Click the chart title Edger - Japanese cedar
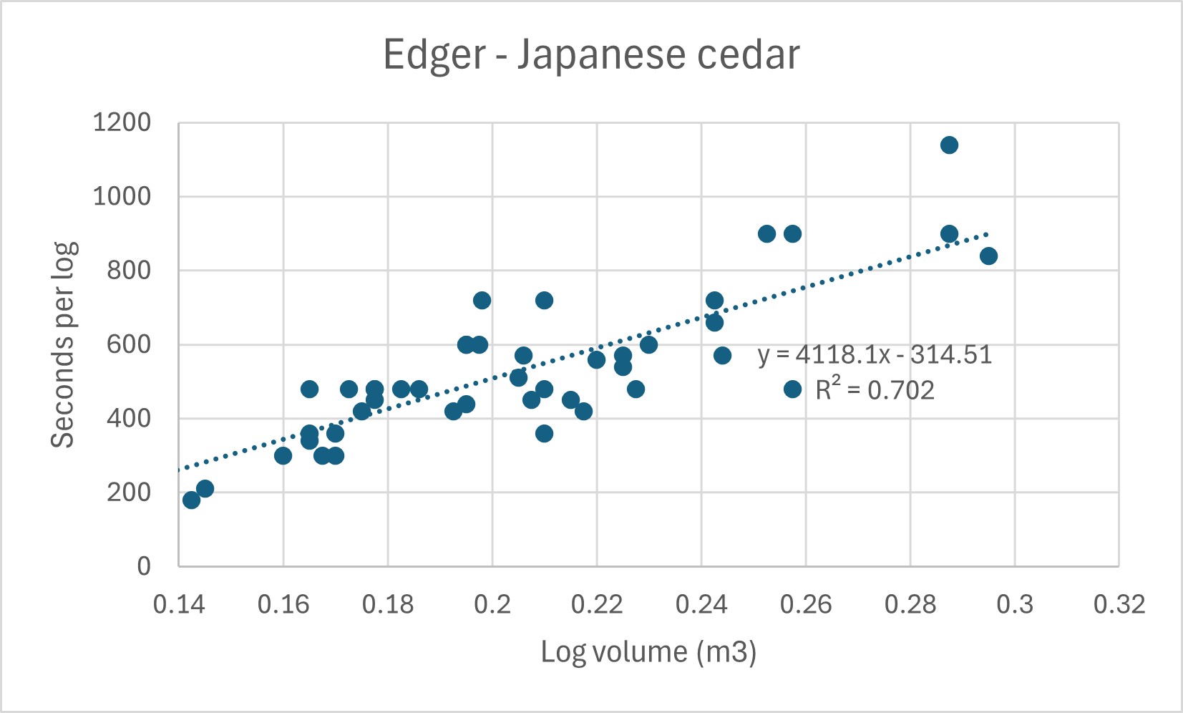click(591, 55)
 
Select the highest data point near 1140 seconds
click(949, 145)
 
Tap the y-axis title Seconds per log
click(63, 345)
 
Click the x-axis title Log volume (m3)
click(648, 652)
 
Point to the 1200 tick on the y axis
click(122, 123)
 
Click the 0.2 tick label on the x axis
click(492, 605)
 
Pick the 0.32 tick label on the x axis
click(1119, 605)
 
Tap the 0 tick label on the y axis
click(144, 566)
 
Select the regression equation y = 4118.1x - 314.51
click(875, 355)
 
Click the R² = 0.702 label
click(875, 390)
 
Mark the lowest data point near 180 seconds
click(191, 500)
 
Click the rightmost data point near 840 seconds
click(988, 256)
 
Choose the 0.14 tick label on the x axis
click(179, 605)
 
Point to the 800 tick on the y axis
click(129, 271)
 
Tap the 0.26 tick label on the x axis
click(806, 605)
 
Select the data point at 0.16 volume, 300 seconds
click(283, 455)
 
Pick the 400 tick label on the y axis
click(129, 418)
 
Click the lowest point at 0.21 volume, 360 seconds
click(544, 433)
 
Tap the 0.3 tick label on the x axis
click(1015, 605)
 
